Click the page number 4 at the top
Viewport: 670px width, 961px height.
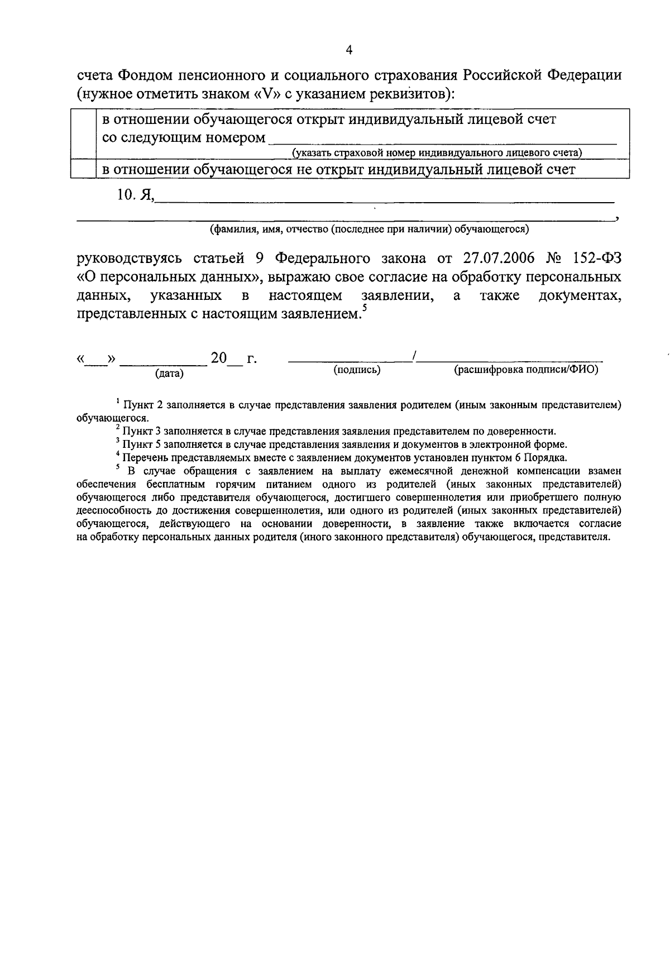point(350,51)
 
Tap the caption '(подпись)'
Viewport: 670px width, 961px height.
point(357,369)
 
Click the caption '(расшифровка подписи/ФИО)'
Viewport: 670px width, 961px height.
point(526,369)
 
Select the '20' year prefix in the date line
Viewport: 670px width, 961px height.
point(219,358)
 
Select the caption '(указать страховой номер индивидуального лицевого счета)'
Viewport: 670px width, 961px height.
point(437,152)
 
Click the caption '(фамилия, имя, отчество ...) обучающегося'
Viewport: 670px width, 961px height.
point(369,228)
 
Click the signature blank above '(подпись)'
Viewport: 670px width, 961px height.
point(349,360)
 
